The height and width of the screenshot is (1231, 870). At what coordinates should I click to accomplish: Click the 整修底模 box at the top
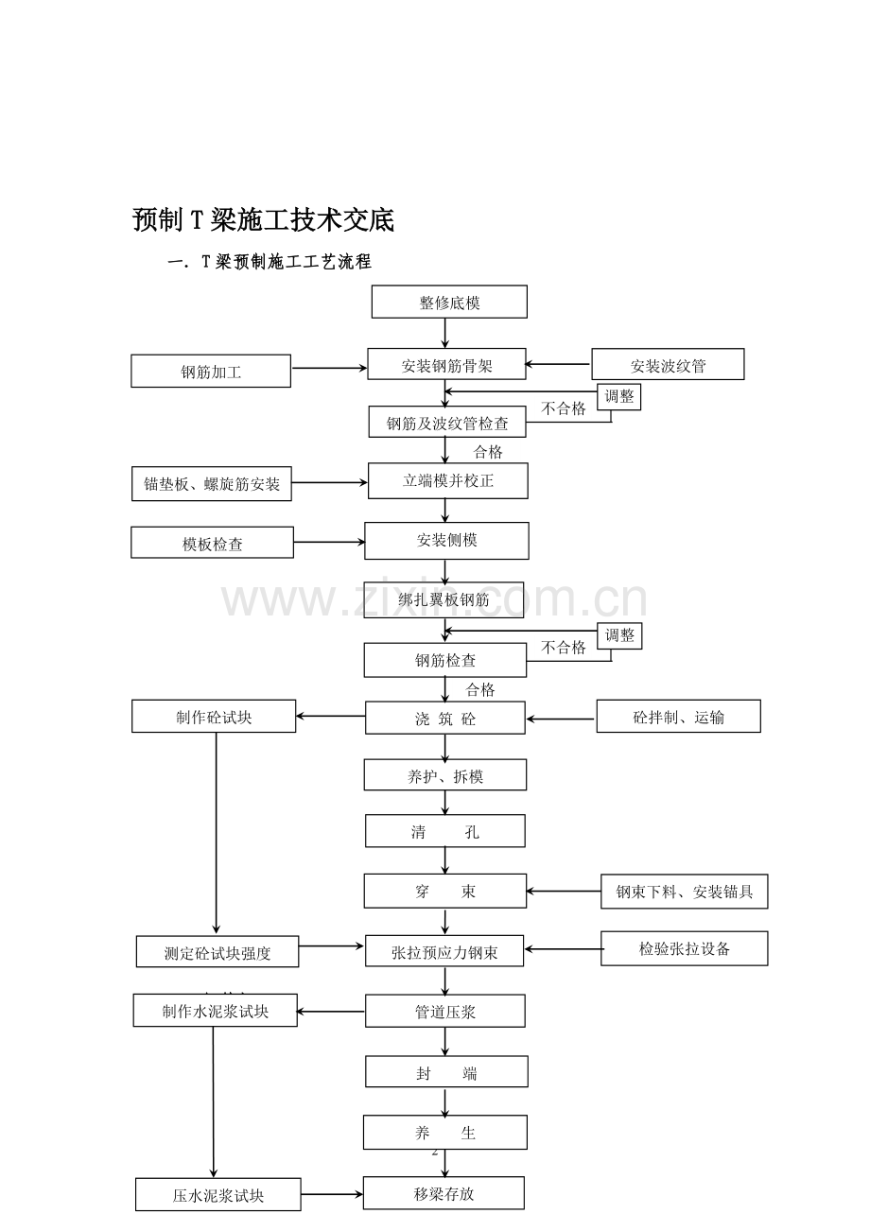449,302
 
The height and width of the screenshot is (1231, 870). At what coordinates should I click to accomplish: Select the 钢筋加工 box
211,371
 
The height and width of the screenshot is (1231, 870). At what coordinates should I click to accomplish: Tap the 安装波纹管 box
668,364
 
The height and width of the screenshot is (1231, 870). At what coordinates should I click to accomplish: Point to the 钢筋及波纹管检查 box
446,422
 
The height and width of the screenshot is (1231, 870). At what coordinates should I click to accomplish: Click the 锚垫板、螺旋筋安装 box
212,484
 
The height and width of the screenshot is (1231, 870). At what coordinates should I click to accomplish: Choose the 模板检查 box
212,543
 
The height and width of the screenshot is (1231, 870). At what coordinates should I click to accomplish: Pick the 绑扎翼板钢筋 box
444,600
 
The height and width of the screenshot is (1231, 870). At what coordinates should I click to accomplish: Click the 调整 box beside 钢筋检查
619,636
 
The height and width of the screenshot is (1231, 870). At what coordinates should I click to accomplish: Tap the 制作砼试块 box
214,716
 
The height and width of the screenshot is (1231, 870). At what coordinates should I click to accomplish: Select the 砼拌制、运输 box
679,716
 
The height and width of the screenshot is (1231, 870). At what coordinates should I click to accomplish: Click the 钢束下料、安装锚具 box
685,892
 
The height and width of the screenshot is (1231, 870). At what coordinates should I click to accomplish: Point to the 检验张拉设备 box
685,948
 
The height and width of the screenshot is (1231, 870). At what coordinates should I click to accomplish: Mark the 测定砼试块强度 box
217,952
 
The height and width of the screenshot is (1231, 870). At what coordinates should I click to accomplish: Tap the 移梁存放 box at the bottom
444,1193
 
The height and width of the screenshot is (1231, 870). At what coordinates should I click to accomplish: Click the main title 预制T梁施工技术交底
263,219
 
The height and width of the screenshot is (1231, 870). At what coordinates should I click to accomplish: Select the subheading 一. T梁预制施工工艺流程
270,262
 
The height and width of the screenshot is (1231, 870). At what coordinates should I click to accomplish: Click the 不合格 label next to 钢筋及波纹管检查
564,408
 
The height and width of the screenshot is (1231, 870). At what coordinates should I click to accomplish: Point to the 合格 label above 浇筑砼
480,689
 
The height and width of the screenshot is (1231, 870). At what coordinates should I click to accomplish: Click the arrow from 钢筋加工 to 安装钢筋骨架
329,368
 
